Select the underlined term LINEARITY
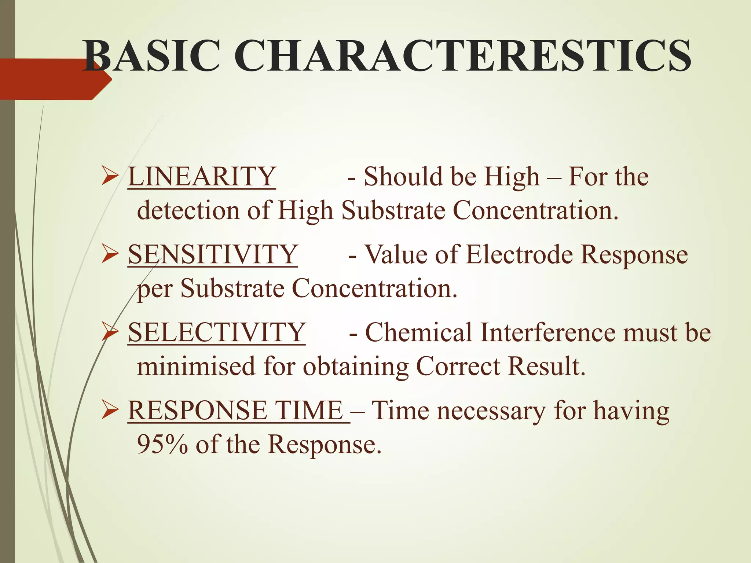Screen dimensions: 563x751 [202, 177]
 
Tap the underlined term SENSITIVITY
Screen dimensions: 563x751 [213, 255]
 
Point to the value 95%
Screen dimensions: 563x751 [162, 444]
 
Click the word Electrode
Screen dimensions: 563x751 [519, 255]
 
